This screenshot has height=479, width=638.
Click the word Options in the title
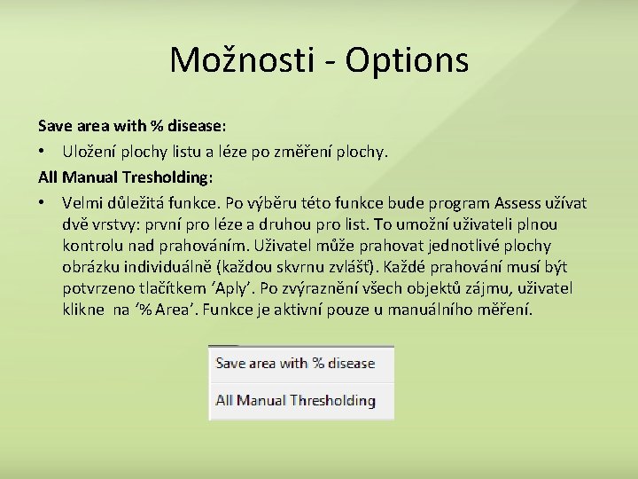(407, 60)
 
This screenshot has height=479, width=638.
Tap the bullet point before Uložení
(43, 153)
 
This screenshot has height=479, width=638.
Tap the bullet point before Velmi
(43, 204)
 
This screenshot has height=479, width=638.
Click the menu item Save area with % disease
(295, 364)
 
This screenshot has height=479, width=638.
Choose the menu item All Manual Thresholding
(295, 401)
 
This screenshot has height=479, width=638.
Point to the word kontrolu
(93, 246)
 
